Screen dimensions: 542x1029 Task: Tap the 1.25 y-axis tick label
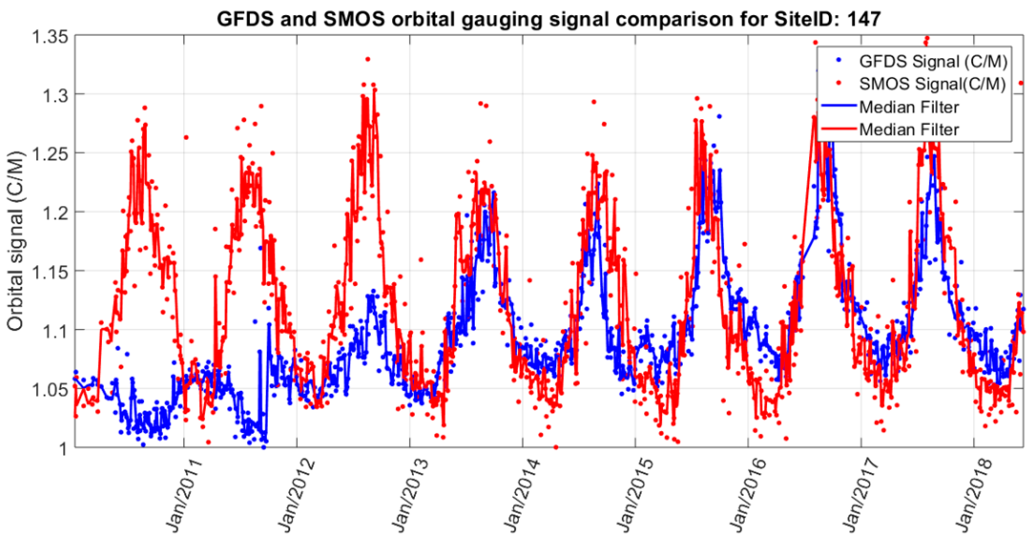tap(50, 155)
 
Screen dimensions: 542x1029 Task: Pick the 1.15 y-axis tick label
tap(50, 273)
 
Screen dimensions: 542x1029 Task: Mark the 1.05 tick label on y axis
tap(50, 390)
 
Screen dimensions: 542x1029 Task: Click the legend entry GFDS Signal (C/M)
tap(933, 61)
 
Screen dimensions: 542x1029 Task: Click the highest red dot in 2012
tap(367, 59)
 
